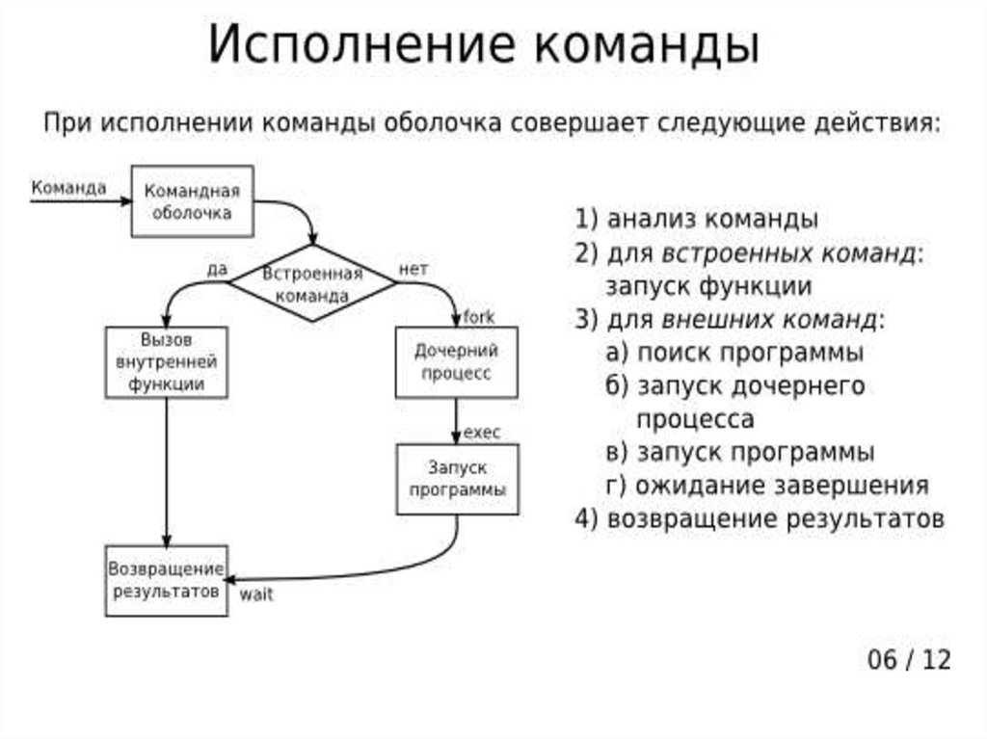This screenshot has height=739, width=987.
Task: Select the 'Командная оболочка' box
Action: click(x=192, y=200)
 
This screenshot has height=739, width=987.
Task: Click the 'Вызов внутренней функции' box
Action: click(x=166, y=361)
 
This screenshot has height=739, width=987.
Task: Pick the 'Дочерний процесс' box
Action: click(x=456, y=361)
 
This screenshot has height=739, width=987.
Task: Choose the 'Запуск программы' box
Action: click(x=457, y=478)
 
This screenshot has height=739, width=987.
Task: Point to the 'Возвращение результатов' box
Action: click(x=166, y=580)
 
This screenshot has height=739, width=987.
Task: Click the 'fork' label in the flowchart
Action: click(x=479, y=316)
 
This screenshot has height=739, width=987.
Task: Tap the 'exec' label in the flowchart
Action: click(x=482, y=433)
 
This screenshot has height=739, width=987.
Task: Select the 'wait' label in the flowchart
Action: click(x=256, y=594)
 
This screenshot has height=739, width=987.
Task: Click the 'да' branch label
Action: click(x=217, y=270)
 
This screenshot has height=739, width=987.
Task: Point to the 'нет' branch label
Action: click(x=413, y=270)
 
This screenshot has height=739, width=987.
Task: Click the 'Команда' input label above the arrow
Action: click(x=68, y=188)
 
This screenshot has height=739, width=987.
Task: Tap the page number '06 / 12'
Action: click(x=908, y=660)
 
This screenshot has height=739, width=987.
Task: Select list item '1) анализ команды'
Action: click(x=696, y=219)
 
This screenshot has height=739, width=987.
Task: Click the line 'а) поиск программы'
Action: click(x=734, y=352)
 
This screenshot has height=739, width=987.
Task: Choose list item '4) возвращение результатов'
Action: click(x=759, y=518)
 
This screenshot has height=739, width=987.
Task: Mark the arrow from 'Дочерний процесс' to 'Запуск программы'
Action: click(x=456, y=420)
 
